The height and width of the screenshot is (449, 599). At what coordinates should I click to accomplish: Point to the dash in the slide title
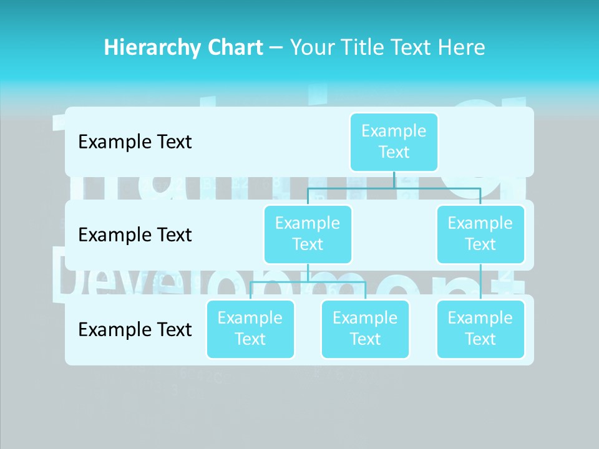click(276, 48)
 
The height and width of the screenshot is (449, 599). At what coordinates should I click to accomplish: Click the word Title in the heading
click(368, 48)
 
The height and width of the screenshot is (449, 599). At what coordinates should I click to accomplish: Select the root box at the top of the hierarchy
click(394, 142)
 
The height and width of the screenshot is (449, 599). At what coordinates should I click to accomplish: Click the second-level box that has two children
click(308, 234)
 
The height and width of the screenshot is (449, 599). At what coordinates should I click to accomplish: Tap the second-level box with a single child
click(480, 234)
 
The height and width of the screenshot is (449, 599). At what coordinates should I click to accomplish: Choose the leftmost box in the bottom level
click(250, 329)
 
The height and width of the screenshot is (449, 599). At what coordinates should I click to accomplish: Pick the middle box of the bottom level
click(365, 329)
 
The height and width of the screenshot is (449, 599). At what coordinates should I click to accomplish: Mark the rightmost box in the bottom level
click(480, 329)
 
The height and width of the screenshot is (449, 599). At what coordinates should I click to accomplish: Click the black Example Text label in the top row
click(135, 142)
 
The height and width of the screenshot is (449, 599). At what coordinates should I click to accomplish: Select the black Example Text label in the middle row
click(135, 235)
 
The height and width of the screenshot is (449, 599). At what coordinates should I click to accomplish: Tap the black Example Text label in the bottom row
click(135, 330)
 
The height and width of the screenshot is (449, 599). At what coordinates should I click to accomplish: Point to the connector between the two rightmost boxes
click(480, 282)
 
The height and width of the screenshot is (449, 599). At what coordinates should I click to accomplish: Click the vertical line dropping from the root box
click(394, 180)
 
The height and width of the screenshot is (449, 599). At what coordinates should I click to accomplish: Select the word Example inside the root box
click(394, 132)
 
